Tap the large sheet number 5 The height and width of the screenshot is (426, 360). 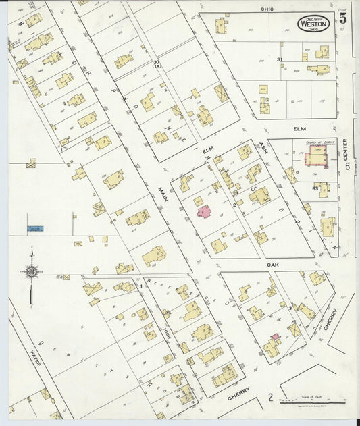(344, 18)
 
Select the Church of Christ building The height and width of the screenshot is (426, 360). (315, 158)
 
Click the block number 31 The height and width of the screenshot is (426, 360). (279, 60)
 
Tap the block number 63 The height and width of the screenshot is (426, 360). (315, 188)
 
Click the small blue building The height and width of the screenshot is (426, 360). (35, 229)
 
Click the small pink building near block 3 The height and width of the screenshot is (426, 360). (275, 336)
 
